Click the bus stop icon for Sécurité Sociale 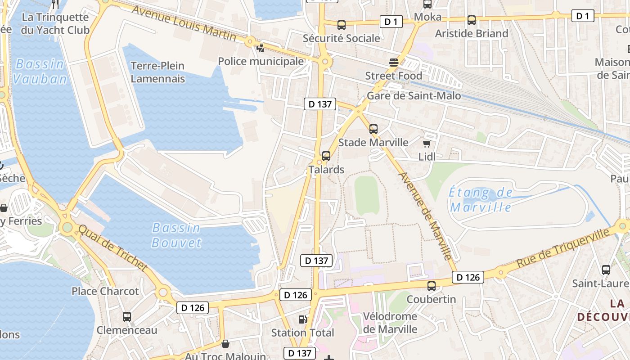click(x=342, y=25)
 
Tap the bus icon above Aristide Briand click(x=472, y=20)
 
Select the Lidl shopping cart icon click(x=427, y=144)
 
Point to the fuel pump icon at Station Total click(x=303, y=319)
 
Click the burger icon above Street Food click(x=394, y=63)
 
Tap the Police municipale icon click(x=261, y=48)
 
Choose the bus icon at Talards click(x=326, y=156)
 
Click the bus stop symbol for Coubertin click(x=432, y=286)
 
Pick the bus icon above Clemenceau click(x=127, y=317)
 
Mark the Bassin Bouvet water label click(x=176, y=235)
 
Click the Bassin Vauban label click(x=40, y=72)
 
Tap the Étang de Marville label click(x=481, y=200)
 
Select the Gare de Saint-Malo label click(x=414, y=96)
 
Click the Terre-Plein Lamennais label click(x=157, y=72)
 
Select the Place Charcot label click(x=105, y=291)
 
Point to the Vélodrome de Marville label click(x=390, y=323)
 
